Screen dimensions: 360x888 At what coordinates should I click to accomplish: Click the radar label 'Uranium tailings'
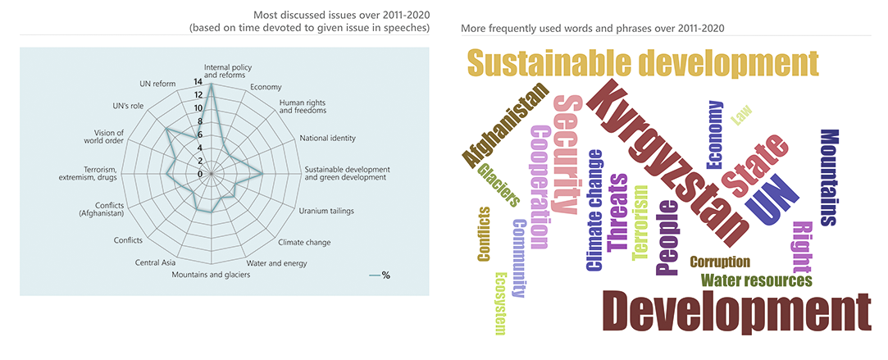point(326,211)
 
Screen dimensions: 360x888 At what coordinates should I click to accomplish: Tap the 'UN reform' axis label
point(157,83)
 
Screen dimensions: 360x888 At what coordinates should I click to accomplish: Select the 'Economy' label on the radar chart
point(265,87)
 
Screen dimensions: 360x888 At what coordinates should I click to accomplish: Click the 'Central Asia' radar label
point(155,262)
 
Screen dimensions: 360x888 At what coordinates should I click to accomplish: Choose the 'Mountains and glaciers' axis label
point(211,275)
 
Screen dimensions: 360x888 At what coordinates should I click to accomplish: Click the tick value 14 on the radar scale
point(198,82)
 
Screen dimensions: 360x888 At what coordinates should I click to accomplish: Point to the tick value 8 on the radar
point(198,121)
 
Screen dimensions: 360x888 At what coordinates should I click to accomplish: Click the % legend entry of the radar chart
point(380,276)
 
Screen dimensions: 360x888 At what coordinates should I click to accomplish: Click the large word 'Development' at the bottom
point(735,310)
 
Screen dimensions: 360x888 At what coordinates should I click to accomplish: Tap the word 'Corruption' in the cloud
point(720,262)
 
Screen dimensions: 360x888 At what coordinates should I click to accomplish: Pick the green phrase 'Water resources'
point(755,280)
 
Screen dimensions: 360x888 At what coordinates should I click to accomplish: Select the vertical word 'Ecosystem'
point(500,303)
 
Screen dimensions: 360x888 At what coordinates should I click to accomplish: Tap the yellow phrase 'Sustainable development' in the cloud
point(642,63)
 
